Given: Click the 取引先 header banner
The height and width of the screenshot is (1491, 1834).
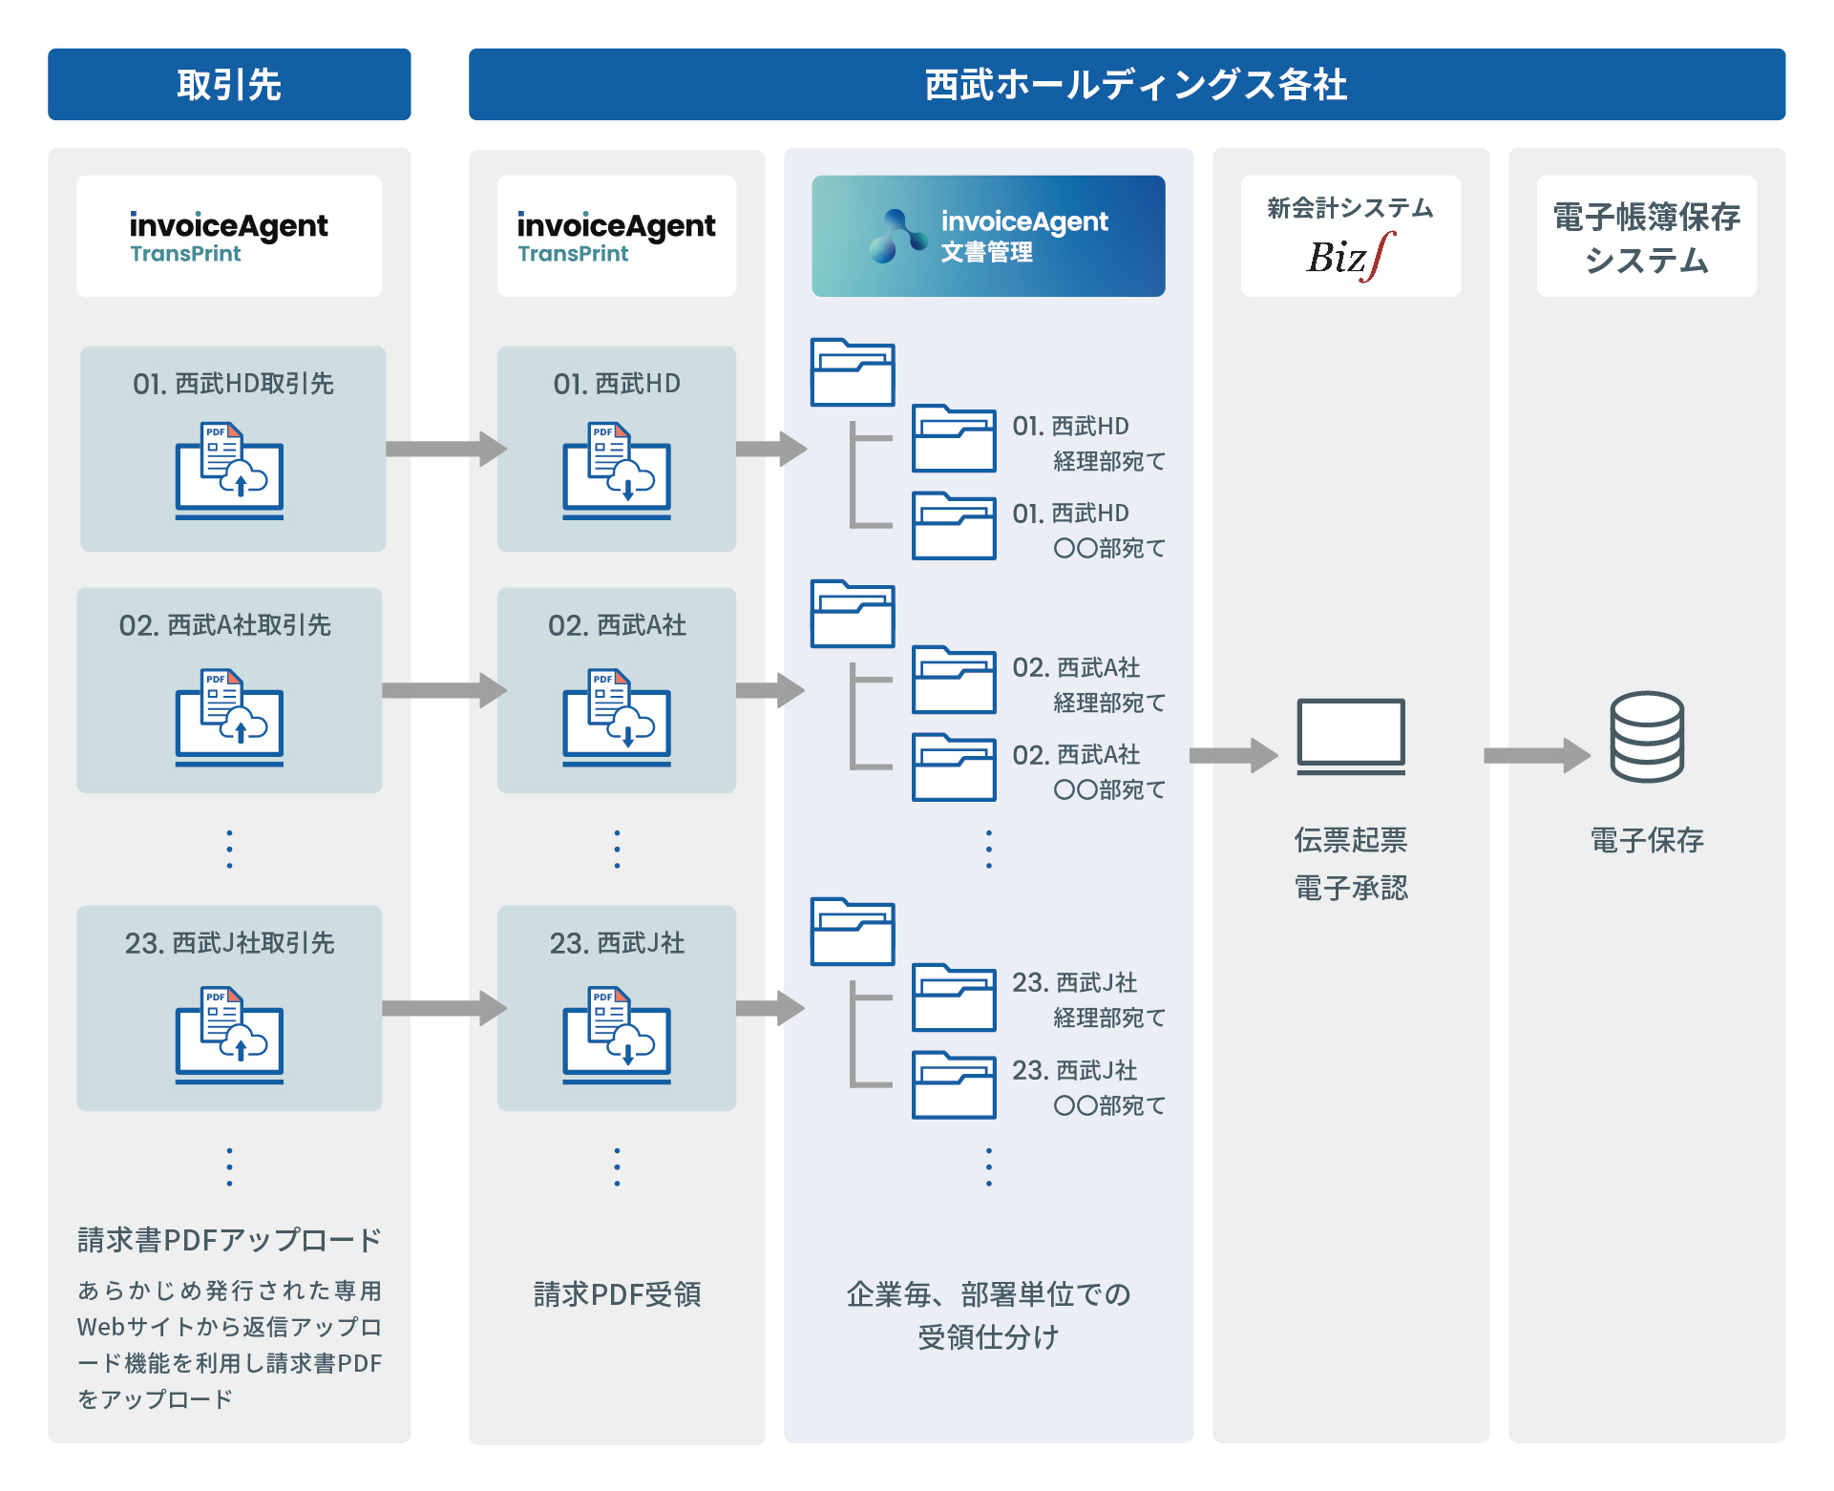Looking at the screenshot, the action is click(x=229, y=84).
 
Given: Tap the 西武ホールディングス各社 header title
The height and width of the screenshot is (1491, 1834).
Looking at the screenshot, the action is click(x=1135, y=84).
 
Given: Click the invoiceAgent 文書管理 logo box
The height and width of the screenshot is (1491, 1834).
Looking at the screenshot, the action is click(x=988, y=236).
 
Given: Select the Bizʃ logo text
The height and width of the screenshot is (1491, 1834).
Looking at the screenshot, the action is click(x=1350, y=257).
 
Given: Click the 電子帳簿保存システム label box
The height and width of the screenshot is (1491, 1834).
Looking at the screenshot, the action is click(x=1646, y=236).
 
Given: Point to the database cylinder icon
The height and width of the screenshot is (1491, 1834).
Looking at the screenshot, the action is click(x=1647, y=737).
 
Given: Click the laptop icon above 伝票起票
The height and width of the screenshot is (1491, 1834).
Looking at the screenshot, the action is click(x=1351, y=736).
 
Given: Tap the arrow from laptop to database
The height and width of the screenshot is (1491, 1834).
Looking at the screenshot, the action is click(x=1537, y=755).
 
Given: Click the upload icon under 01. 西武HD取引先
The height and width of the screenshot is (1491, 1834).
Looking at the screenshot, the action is click(x=229, y=471).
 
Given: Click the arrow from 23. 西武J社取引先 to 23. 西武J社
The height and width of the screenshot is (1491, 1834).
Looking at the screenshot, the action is click(x=445, y=1008).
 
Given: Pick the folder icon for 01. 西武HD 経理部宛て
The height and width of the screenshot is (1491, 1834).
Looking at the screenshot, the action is click(x=954, y=438).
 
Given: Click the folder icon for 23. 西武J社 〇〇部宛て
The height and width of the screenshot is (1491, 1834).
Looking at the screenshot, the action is click(x=954, y=1084).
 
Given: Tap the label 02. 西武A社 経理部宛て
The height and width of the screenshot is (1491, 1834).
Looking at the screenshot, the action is click(x=1089, y=684).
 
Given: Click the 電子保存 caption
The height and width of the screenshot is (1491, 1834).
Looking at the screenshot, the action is click(x=1647, y=840).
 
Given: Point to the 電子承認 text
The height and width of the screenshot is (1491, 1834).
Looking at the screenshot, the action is click(x=1351, y=888).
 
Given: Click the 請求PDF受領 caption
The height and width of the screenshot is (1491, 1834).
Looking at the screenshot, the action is click(x=617, y=1294).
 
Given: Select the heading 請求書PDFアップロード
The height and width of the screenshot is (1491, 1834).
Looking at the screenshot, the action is click(x=229, y=1240).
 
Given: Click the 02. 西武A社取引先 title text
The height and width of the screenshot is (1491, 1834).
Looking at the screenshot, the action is click(x=225, y=625).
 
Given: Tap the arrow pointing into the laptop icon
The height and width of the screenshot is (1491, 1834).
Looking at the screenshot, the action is click(x=1233, y=755).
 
